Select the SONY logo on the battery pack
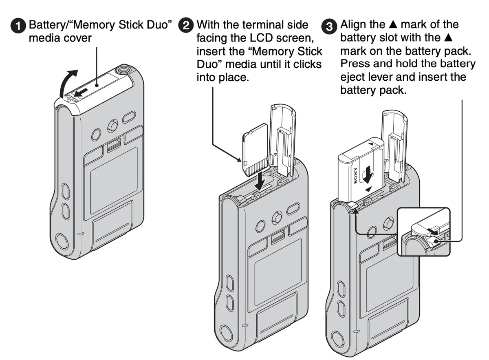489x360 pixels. point(355,175)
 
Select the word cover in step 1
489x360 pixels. point(77,38)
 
